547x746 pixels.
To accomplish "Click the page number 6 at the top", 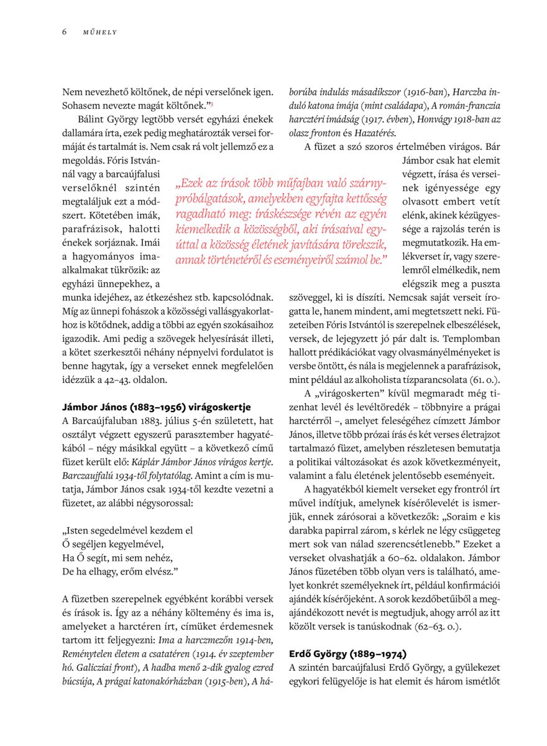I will [64, 32].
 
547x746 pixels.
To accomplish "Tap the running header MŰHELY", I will [99, 32].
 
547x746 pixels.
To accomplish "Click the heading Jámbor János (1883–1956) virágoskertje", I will [157, 408].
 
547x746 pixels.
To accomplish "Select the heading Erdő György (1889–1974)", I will [347, 654].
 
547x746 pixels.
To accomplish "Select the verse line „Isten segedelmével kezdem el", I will [127, 530].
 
